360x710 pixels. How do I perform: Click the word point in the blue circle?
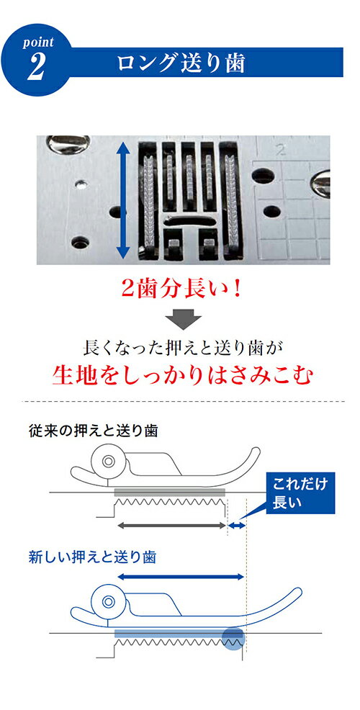(38, 42)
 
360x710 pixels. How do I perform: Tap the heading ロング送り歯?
(181, 63)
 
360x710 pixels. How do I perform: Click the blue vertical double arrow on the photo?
(122, 199)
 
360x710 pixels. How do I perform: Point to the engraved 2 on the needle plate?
(281, 150)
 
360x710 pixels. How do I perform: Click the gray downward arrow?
(183, 319)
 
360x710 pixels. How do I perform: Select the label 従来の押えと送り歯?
(93, 431)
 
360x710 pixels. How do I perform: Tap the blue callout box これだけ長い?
(300, 493)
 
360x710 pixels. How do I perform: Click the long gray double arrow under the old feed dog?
(171, 526)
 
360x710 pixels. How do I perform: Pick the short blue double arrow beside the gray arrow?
(236, 526)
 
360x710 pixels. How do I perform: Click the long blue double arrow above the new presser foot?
(181, 577)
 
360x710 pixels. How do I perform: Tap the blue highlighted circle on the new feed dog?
(233, 639)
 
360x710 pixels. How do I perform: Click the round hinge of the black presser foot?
(108, 462)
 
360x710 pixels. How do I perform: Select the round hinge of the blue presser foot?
(108, 602)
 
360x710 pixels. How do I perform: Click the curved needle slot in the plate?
(190, 221)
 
